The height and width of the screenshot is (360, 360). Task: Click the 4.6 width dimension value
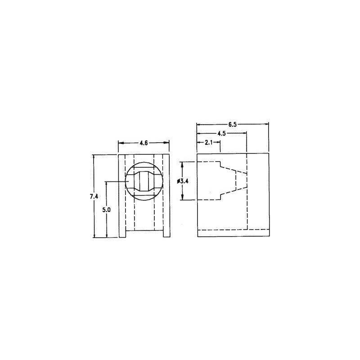(x=144, y=143)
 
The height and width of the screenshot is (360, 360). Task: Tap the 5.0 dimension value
(x=107, y=210)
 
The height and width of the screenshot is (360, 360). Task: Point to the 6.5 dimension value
(x=232, y=125)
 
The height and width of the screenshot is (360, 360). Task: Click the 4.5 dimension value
(x=221, y=134)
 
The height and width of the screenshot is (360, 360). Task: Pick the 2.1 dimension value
(x=208, y=143)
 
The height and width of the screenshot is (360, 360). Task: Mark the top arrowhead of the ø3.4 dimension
(x=182, y=164)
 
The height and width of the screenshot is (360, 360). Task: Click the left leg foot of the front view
(x=122, y=234)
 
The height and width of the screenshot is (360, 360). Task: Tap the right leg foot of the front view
(x=166, y=234)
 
